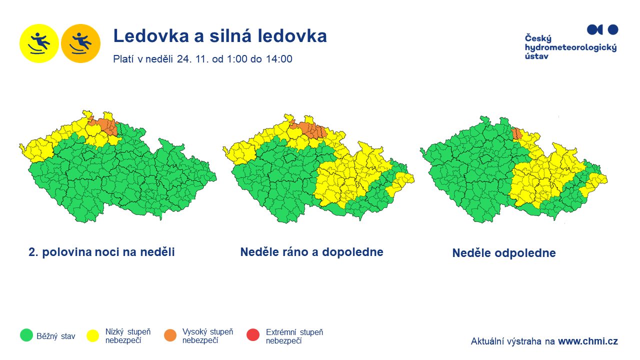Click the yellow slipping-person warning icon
[x=39, y=43]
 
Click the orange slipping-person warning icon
[x=81, y=43]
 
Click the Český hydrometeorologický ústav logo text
[x=570, y=47]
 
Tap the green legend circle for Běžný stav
[x=26, y=335]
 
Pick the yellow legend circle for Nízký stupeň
[x=93, y=335]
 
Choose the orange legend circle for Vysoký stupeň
[x=170, y=335]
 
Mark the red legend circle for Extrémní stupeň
[x=253, y=335]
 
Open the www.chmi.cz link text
[x=588, y=341]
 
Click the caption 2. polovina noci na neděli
[x=101, y=252]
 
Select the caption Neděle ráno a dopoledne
[x=311, y=252]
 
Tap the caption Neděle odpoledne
[x=504, y=253]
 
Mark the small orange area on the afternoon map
[x=517, y=133]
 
